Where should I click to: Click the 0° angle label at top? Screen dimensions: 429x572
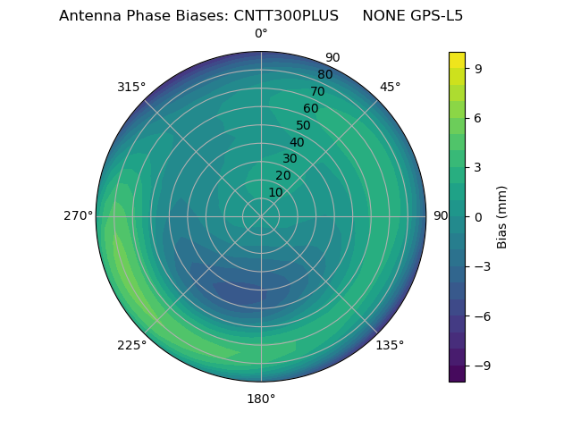point(261,34)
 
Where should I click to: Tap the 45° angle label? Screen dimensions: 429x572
point(390,87)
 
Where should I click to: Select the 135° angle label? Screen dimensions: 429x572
point(390,345)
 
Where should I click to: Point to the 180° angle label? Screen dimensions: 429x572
point(261,399)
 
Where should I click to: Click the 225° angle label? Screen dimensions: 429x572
point(131,345)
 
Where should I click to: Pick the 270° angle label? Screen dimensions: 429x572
point(79,216)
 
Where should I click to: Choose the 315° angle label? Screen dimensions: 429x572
point(131,87)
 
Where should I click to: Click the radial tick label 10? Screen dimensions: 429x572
point(275,192)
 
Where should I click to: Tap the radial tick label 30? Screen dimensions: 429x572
point(290,159)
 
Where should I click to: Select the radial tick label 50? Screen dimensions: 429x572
point(304,126)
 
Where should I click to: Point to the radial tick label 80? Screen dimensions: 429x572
point(325,75)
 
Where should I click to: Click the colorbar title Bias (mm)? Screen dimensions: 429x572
point(502,216)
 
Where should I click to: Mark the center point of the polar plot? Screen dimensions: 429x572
point(261,216)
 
